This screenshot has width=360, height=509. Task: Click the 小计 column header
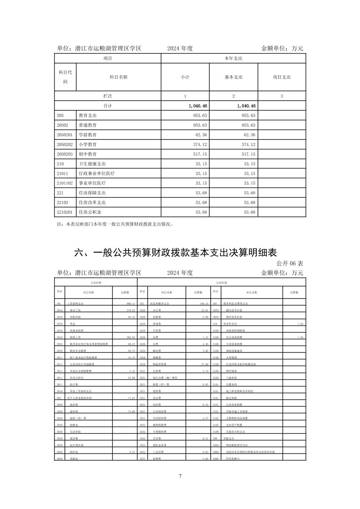coord(185,77)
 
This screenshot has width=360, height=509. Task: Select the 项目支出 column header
coord(282,77)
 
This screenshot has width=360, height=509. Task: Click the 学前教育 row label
coord(88,135)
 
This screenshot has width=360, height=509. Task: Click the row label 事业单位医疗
coord(92,183)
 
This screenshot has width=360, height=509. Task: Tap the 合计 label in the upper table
coord(108,106)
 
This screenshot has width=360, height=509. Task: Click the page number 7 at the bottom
coord(180,476)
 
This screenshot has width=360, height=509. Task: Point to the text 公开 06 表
coord(290,263)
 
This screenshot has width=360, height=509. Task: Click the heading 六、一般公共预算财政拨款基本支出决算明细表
coord(175,252)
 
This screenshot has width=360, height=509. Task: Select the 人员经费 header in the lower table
coord(96,283)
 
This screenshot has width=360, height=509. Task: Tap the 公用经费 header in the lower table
coord(222,283)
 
